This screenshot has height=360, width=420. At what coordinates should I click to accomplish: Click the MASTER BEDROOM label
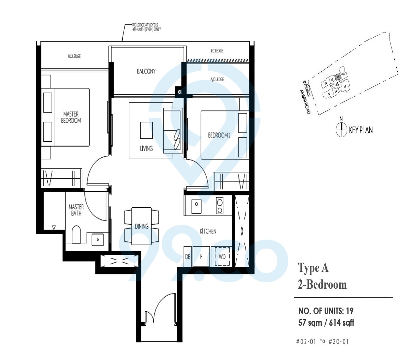[71, 117]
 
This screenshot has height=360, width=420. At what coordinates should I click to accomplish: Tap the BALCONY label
[146, 71]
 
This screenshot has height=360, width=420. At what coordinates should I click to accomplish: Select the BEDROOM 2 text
[219, 135]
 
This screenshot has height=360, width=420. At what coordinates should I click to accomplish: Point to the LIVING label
[146, 148]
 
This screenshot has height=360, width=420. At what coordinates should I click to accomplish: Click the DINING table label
[142, 226]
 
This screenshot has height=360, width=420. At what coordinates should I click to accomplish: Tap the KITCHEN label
[208, 231]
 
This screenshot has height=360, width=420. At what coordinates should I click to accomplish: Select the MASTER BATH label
[76, 210]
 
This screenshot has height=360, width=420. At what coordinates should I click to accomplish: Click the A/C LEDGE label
[217, 79]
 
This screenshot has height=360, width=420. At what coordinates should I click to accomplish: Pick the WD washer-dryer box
[222, 256]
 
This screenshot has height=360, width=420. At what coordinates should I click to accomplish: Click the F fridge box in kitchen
[201, 256]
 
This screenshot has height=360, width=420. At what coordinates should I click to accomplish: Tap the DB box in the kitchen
[188, 256]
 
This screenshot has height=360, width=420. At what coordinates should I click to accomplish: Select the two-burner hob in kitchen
[220, 206]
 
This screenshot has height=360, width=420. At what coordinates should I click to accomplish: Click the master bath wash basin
[98, 239]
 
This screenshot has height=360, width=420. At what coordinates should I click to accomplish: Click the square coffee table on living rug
[147, 130]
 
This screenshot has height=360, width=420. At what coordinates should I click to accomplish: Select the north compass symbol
[341, 129]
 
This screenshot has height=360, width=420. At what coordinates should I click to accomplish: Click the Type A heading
[313, 268]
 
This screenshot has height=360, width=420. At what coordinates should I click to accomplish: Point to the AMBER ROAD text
[305, 102]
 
